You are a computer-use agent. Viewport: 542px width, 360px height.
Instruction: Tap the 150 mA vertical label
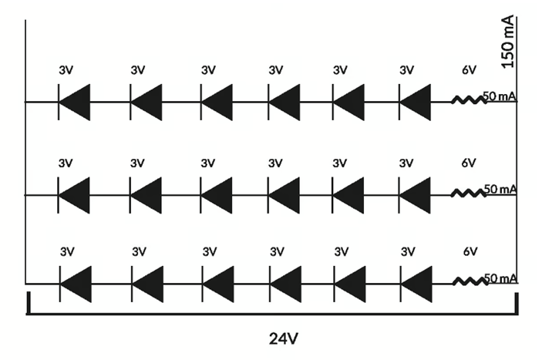click(x=507, y=42)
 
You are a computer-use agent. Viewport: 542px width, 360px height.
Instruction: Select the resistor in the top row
click(x=468, y=100)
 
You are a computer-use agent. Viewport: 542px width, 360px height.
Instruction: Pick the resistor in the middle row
click(x=468, y=194)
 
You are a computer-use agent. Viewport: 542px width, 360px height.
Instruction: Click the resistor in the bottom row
click(x=468, y=282)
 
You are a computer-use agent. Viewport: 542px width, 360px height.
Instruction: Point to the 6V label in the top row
click(x=469, y=70)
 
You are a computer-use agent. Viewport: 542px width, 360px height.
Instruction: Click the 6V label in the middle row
click(x=469, y=163)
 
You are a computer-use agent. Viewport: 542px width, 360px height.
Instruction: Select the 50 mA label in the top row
click(x=500, y=96)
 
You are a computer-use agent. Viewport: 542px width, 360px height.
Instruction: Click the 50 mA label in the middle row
click(x=500, y=189)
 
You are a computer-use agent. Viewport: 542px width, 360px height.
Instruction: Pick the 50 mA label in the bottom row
click(x=500, y=278)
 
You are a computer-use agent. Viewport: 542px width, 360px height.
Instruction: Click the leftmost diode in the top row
click(x=74, y=101)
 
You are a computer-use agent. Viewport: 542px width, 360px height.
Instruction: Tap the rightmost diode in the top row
click(x=415, y=101)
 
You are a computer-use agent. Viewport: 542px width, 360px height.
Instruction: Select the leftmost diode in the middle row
click(x=74, y=195)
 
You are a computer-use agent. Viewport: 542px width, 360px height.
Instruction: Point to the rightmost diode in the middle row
click(x=415, y=195)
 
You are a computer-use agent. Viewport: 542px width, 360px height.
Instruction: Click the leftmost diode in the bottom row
click(x=74, y=283)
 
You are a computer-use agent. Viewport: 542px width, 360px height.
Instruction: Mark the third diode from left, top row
click(x=217, y=101)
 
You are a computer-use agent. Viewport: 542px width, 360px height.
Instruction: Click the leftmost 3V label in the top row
click(x=66, y=70)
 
